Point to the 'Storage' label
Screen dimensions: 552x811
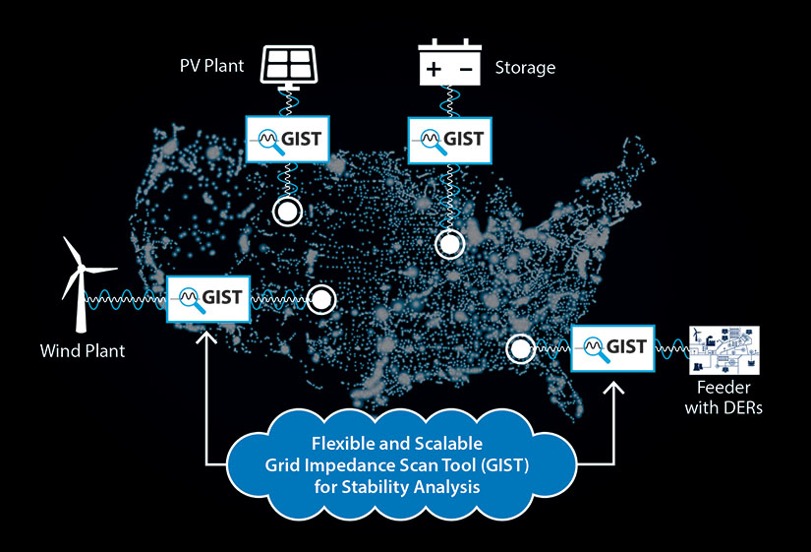pyautogui.click(x=525, y=68)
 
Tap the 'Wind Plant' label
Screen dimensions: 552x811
pyautogui.click(x=83, y=350)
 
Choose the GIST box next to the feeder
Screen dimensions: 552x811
pyautogui.click(x=610, y=346)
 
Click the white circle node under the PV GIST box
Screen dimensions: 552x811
pyautogui.click(x=287, y=211)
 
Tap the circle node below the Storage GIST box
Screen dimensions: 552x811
pyautogui.click(x=450, y=243)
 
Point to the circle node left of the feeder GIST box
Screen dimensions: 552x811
pyautogui.click(x=520, y=347)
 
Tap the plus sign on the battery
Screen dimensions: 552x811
pyautogui.click(x=433, y=70)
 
